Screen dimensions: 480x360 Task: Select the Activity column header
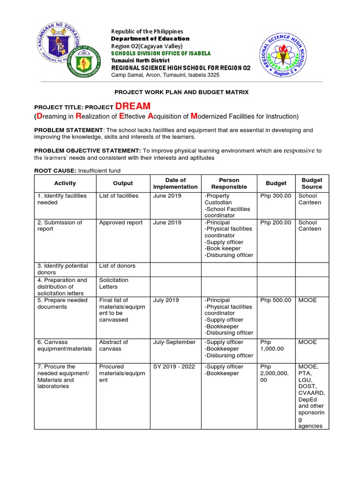65,183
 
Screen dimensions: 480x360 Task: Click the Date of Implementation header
175,183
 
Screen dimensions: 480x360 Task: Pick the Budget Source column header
312,183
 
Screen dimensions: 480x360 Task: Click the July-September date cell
174,342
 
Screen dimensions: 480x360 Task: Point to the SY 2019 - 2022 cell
174,367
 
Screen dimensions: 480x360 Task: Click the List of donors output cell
117,266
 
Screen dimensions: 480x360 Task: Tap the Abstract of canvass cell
113,345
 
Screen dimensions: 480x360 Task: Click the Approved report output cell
121,223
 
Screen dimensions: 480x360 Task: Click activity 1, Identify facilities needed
62,199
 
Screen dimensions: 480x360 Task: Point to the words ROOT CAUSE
55,171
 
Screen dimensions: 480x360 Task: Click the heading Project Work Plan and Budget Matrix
181,92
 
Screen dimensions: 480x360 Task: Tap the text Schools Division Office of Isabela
160,53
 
